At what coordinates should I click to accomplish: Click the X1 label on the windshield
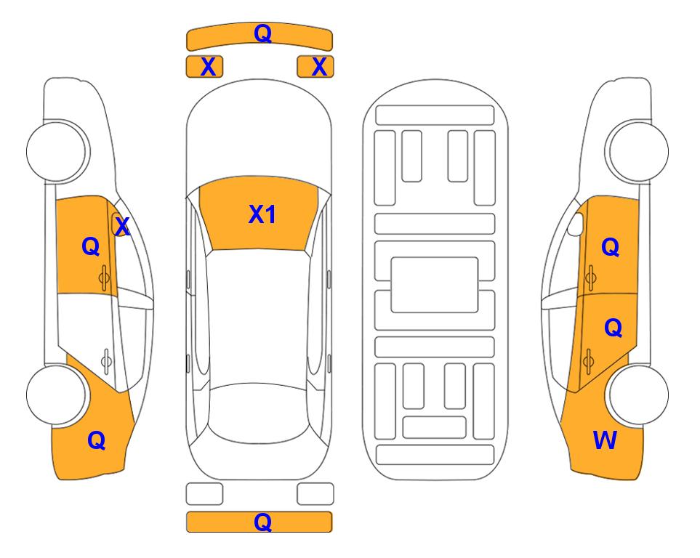[262, 214]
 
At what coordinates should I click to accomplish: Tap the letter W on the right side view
[605, 440]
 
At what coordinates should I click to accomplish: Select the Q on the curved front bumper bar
[262, 33]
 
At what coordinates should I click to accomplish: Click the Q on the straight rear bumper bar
[262, 522]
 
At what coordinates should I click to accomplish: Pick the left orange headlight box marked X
[204, 67]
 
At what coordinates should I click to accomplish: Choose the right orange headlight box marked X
[315, 67]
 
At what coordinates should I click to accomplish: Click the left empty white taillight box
[204, 494]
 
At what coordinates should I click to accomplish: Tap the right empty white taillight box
[315, 494]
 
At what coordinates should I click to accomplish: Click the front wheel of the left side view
[57, 151]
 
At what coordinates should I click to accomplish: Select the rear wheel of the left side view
[57, 395]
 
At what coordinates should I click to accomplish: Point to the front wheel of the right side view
[639, 151]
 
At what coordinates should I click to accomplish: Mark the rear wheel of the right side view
[639, 395]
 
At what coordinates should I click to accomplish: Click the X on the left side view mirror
[122, 227]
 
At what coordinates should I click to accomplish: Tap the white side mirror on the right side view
[576, 224]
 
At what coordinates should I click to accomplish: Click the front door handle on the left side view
[104, 278]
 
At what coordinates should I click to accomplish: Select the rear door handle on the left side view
[106, 360]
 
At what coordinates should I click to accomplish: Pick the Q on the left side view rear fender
[97, 440]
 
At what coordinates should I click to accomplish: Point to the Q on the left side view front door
[91, 246]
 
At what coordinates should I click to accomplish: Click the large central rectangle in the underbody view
[435, 285]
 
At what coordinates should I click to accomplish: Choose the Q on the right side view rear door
[613, 328]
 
